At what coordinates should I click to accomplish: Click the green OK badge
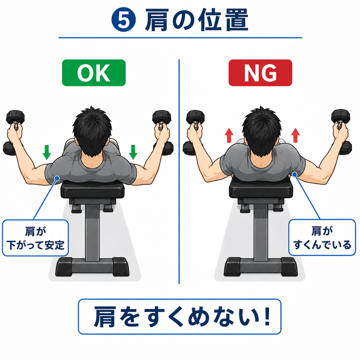(94, 73)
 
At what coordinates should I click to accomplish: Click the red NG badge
(261, 73)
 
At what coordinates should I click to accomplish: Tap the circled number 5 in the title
(123, 20)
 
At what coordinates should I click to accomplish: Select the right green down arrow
(133, 152)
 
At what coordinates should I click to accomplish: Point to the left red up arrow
(229, 135)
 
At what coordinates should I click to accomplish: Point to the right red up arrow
(295, 135)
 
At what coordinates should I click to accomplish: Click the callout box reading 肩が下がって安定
(36, 238)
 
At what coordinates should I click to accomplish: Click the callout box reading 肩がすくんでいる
(322, 238)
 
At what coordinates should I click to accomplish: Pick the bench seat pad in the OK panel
(92, 189)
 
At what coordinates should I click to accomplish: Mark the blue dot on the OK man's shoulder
(57, 178)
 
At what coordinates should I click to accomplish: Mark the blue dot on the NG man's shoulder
(295, 175)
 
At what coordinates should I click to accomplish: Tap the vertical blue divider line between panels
(179, 172)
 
